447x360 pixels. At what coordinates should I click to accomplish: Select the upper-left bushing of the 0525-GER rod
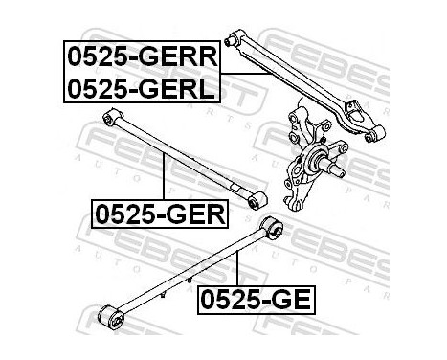tap(110, 117)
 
